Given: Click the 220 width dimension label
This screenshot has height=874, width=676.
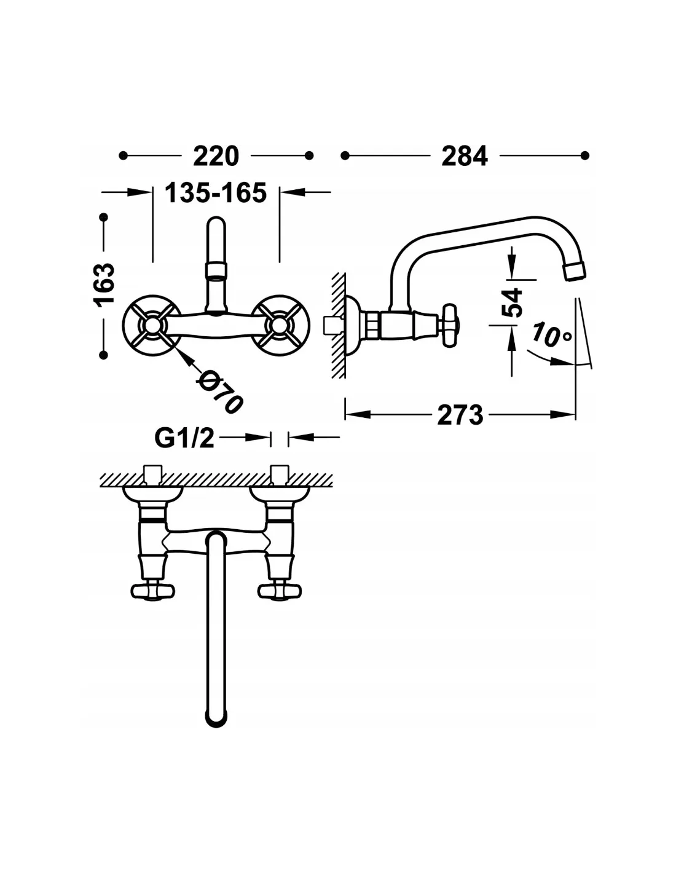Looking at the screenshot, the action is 216,156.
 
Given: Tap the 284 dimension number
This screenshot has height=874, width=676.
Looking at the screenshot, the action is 465,156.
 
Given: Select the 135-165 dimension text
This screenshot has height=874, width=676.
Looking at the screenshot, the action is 216,192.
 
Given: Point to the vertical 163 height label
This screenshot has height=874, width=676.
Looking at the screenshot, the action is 104,285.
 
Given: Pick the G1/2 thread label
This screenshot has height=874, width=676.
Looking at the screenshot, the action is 184,438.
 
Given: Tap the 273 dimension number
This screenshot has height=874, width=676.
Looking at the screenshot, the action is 460,415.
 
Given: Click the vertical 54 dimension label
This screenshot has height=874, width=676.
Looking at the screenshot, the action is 511,302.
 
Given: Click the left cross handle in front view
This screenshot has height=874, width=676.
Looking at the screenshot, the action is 152,325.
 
